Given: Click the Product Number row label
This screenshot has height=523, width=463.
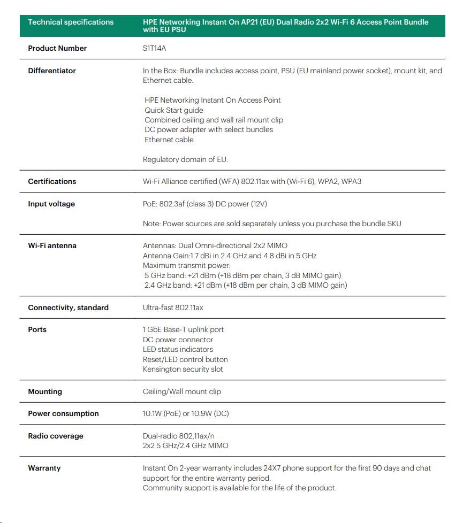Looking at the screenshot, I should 57,48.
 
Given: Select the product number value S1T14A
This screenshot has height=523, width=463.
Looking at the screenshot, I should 155,48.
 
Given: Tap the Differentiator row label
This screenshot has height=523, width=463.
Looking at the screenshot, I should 52,71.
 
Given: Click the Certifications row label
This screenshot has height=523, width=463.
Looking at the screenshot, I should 52,181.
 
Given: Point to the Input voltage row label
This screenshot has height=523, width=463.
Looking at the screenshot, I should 51,204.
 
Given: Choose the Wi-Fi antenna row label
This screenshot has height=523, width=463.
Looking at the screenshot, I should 52,245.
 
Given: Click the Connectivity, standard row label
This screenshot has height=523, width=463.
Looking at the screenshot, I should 68,307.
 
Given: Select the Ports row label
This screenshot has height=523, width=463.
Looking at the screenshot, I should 37,329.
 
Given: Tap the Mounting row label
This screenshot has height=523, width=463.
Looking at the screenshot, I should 45,391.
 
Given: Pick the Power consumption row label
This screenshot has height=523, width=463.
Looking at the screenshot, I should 63,413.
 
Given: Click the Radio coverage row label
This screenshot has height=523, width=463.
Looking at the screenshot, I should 56,436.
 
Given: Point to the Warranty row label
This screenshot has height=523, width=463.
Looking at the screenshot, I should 44,468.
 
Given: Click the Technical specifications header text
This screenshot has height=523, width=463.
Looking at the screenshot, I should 71,22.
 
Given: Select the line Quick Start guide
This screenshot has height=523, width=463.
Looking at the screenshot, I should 174,110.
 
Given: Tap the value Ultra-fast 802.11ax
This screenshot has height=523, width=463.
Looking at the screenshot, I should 173,307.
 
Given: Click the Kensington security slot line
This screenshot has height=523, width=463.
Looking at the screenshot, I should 183,369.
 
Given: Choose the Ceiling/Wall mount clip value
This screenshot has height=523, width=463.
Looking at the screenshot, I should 181,391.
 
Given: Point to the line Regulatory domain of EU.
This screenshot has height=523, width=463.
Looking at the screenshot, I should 185,159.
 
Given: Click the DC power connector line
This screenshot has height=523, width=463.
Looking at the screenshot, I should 178,340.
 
